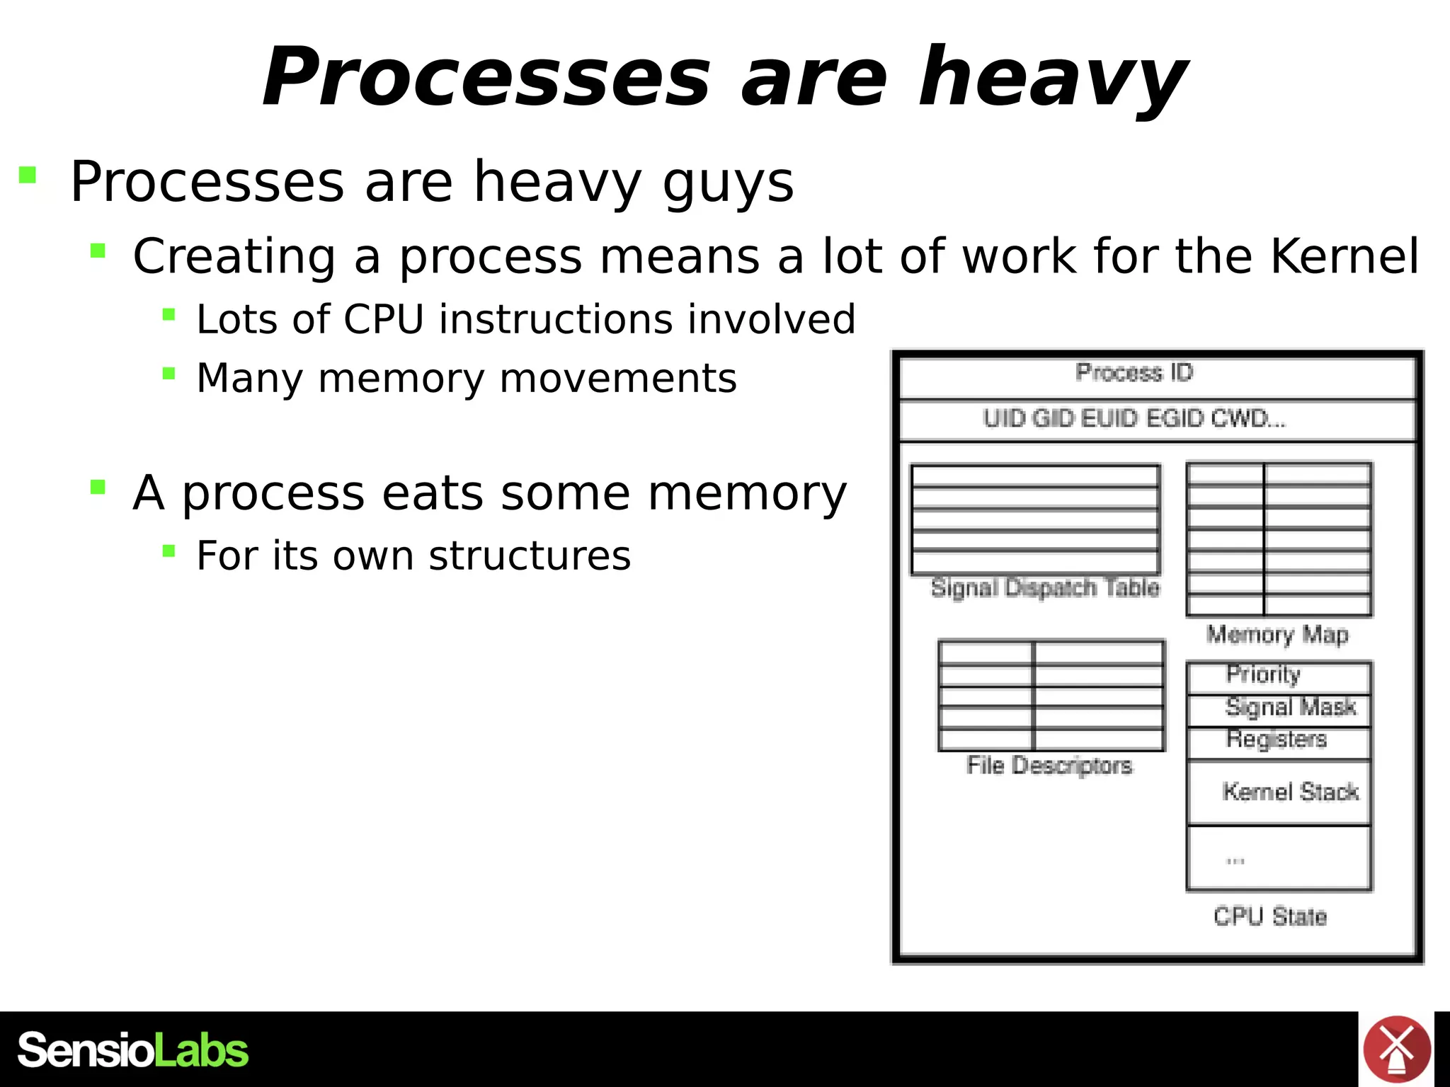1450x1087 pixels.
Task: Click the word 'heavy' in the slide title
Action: pos(1052,78)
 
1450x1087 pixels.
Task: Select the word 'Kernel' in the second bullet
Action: pos(1344,256)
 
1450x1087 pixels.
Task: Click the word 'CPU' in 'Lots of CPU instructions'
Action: pos(383,319)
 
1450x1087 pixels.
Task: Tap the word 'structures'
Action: pos(530,556)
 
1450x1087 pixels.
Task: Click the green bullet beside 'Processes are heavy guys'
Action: pos(28,174)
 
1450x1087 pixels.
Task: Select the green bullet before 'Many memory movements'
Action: pos(169,373)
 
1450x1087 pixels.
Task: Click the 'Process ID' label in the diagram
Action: pos(1134,372)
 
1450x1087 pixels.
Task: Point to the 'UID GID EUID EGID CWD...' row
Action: pos(1134,419)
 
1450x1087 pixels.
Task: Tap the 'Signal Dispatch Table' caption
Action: pos(1045,587)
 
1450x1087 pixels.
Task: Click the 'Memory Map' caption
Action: pos(1277,634)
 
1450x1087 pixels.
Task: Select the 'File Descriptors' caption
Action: pos(1049,765)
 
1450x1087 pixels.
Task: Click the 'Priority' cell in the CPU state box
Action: pos(1264,674)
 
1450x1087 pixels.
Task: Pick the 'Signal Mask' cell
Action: pos(1290,707)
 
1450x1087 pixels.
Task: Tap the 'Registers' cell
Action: pos(1277,739)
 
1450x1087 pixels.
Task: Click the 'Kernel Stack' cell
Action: pos(1290,792)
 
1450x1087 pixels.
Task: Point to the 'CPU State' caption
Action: pos(1270,916)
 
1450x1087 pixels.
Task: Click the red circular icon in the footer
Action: pos(1396,1049)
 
